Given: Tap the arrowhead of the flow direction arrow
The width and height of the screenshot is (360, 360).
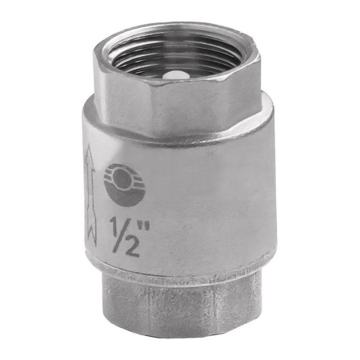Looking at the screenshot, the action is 90,156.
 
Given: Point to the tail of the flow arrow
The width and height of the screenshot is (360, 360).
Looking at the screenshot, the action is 91,234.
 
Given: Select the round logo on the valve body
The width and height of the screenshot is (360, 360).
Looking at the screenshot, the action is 124,185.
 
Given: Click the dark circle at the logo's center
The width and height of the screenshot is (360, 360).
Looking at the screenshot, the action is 122,178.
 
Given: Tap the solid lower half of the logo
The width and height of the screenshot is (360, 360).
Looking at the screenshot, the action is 125,195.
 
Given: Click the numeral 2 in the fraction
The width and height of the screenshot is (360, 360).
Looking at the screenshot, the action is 131,247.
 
